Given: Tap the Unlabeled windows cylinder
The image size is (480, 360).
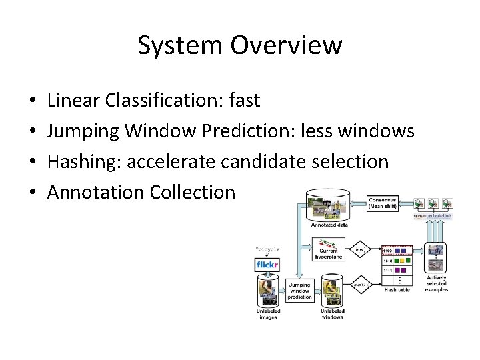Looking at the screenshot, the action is click(331, 293).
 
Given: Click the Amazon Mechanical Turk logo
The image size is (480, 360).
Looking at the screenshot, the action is click(433, 217).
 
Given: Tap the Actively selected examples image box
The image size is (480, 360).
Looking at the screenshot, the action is click(437, 258).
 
